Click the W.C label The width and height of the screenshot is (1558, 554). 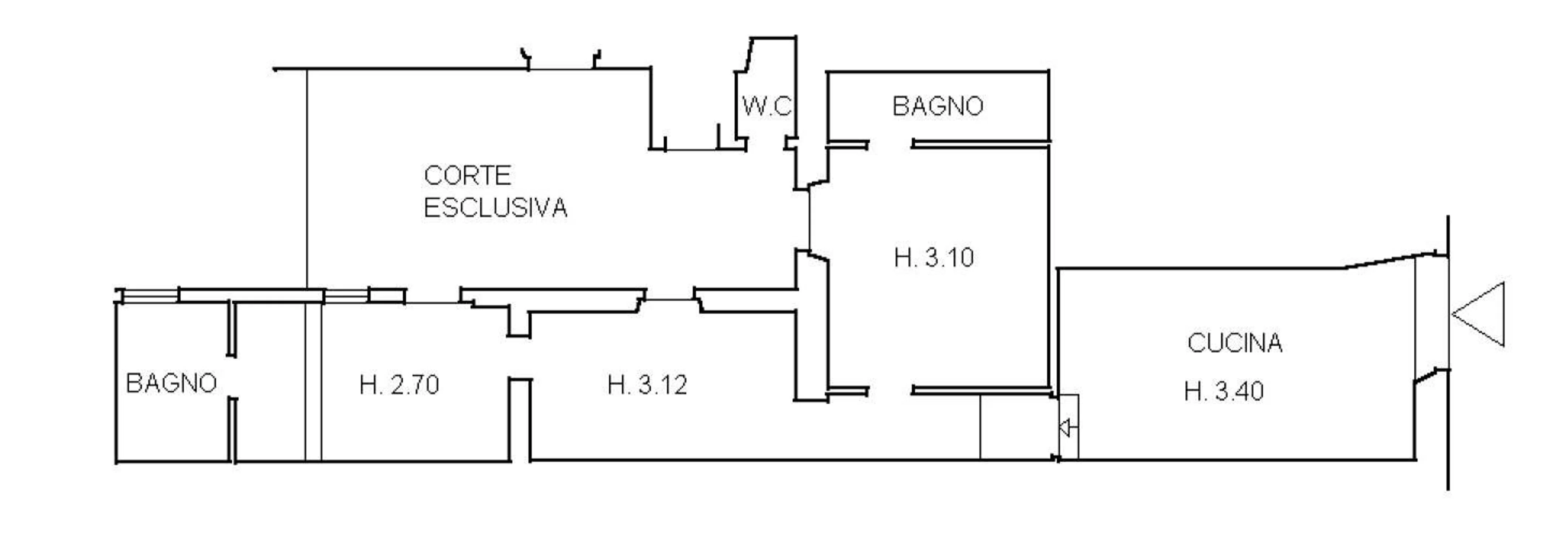pyautogui.click(x=766, y=106)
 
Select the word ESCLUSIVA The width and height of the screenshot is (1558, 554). pyautogui.click(x=495, y=208)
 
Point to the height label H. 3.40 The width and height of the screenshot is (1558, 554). pyautogui.click(x=1224, y=391)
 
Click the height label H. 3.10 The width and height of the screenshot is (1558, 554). pyautogui.click(x=934, y=258)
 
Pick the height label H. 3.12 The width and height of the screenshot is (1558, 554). pyautogui.click(x=647, y=384)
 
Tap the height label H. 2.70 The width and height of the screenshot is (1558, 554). pyautogui.click(x=399, y=384)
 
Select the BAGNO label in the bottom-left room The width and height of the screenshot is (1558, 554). pyautogui.click(x=171, y=383)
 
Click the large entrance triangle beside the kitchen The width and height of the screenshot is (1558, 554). pyautogui.click(x=1477, y=314)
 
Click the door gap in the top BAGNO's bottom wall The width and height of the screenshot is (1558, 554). pyautogui.click(x=890, y=144)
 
